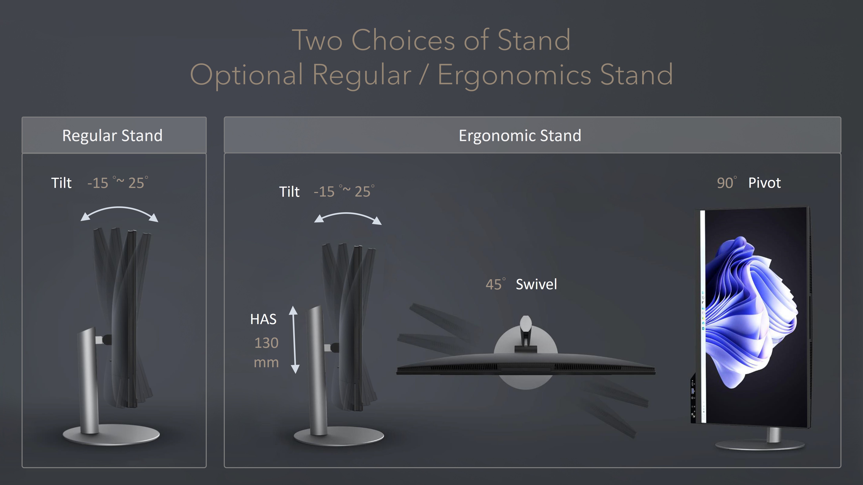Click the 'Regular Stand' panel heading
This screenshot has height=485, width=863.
click(x=112, y=136)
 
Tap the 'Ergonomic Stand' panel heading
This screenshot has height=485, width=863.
click(x=520, y=136)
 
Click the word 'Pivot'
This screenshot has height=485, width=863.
click(x=765, y=183)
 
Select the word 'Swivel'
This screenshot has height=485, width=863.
click(x=536, y=284)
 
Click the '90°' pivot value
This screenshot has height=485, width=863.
click(x=727, y=183)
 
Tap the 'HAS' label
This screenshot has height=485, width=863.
click(x=263, y=319)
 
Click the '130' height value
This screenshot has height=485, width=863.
click(x=266, y=343)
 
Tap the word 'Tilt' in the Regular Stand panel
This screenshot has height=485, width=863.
click(x=61, y=183)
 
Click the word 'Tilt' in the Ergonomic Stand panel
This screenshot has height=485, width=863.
click(x=289, y=192)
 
